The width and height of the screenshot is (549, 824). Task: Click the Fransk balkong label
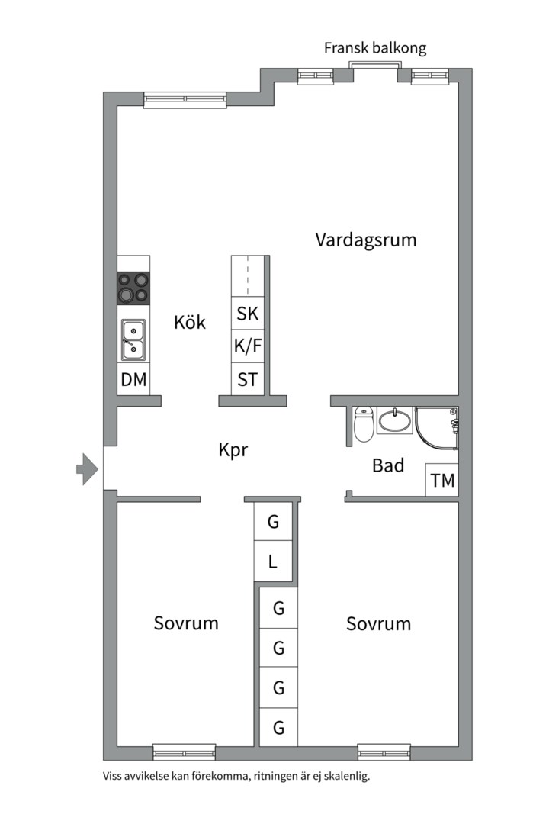point(374,48)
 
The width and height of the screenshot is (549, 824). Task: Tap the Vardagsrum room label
point(366,240)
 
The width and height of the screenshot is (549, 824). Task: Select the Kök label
point(190,322)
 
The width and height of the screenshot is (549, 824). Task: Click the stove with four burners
point(133,288)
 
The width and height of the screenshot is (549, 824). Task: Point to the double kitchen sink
point(133,340)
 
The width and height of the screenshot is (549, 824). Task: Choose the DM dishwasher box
point(133,379)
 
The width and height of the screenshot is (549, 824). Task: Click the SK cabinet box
point(248,314)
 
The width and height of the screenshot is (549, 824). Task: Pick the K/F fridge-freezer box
point(248,346)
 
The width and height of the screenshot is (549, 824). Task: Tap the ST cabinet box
point(248,379)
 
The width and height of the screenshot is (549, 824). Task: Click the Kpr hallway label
point(233,450)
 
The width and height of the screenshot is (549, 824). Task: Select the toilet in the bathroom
point(364,424)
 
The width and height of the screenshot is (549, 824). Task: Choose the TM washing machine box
point(442,481)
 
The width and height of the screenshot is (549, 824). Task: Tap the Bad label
point(388,465)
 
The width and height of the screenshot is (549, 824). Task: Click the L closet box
point(273,564)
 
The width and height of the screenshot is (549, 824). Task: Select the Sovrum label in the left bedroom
point(186,623)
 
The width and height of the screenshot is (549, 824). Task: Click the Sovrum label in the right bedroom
point(378,624)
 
